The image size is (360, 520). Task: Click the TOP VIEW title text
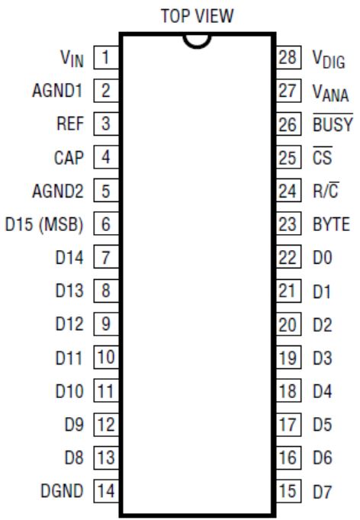[197, 15]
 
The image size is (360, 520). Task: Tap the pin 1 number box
[106, 57]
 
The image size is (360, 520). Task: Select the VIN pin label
[72, 59]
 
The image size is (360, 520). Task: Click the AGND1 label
[56, 91]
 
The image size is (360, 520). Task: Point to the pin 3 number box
[106, 124]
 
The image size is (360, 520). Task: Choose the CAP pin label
[69, 158]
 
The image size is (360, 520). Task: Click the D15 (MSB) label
[44, 224]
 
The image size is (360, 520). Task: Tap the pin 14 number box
[106, 491]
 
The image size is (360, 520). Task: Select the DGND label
[62, 491]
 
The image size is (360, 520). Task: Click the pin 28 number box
[288, 57]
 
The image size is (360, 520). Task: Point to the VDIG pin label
[329, 59]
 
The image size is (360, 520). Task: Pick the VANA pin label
[330, 92]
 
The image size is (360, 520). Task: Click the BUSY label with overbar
[333, 123]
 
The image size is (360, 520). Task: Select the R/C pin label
[326, 190]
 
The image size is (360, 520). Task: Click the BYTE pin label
[331, 224]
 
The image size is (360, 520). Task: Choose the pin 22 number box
[288, 257]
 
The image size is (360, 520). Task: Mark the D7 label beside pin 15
[322, 491]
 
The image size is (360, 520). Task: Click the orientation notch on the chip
[197, 47]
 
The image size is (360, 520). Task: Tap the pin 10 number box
[106, 357]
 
